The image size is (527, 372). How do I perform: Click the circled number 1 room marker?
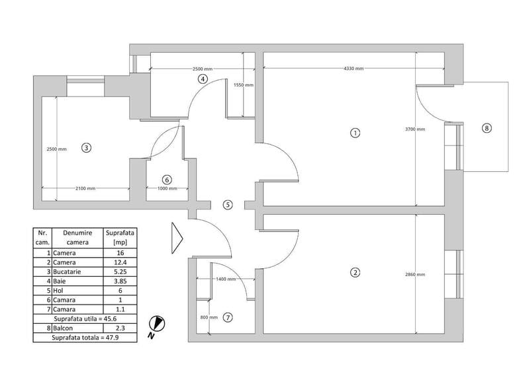[x=355, y=132]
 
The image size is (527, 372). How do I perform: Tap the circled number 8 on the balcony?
[x=487, y=128]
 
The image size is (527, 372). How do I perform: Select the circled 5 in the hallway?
[x=228, y=205]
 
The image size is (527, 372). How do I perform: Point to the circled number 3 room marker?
[x=86, y=147]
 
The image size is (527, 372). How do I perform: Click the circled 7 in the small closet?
[x=228, y=317]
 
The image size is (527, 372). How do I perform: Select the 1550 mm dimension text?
[x=243, y=84]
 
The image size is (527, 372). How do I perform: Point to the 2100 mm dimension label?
[x=85, y=189]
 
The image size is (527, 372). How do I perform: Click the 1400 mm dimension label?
[x=225, y=279]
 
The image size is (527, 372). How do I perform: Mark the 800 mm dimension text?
[x=207, y=317]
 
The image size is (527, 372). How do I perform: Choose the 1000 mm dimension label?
[x=167, y=189]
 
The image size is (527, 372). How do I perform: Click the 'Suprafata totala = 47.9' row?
[x=85, y=337]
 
